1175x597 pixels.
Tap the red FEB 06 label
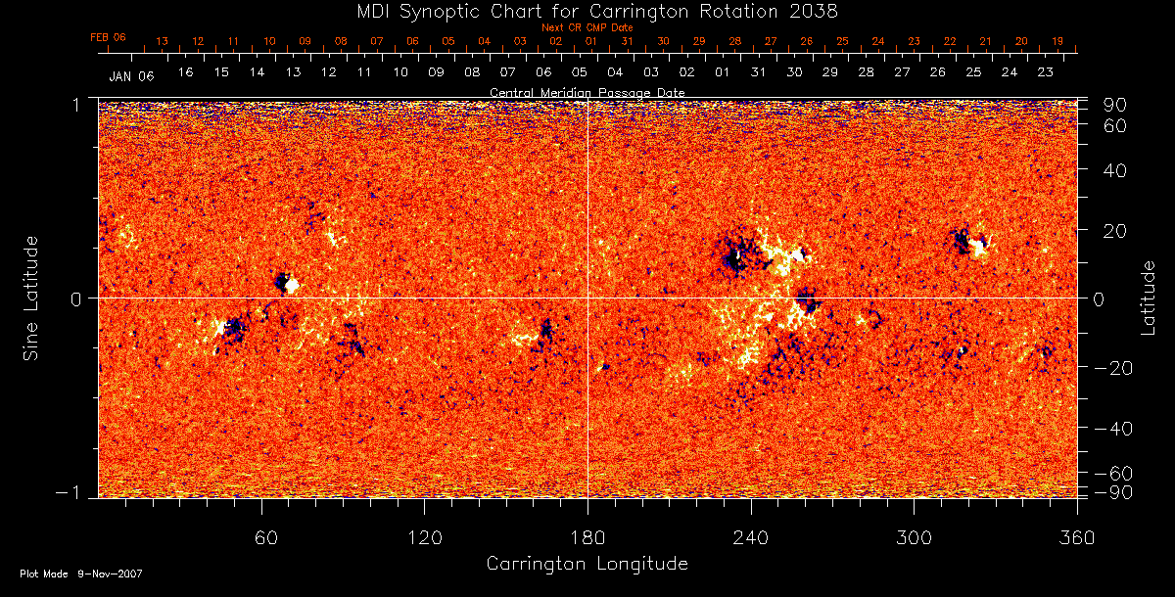pyautogui.click(x=108, y=37)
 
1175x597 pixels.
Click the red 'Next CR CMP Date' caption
pyautogui.click(x=587, y=27)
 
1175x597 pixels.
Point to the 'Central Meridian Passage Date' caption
pyautogui.click(x=587, y=92)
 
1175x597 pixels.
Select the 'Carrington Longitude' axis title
pyautogui.click(x=587, y=564)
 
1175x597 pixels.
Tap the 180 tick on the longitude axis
pyautogui.click(x=587, y=538)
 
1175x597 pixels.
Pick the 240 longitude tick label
pyautogui.click(x=751, y=538)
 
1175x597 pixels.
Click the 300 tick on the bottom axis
pyautogui.click(x=914, y=538)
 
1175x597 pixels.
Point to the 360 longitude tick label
pyautogui.click(x=1077, y=538)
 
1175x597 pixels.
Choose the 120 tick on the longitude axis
pyautogui.click(x=425, y=538)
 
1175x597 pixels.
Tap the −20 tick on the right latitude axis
pyautogui.click(x=1112, y=368)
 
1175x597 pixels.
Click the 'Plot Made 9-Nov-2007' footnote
pyautogui.click(x=80, y=574)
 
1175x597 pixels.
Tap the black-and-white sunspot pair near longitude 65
pyautogui.click(x=286, y=284)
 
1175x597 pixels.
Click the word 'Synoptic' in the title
pyautogui.click(x=443, y=11)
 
